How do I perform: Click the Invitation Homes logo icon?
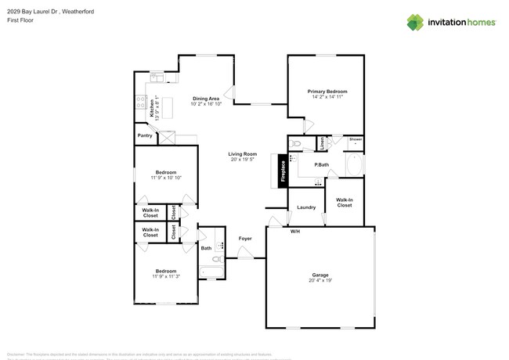(x=415, y=22)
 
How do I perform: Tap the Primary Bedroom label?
(x=327, y=92)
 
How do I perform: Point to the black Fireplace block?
(x=283, y=171)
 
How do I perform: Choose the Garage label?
(x=320, y=275)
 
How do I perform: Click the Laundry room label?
(x=306, y=207)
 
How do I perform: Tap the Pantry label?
(x=145, y=135)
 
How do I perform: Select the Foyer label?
(x=245, y=239)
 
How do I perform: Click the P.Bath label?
(x=322, y=164)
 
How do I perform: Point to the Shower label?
(x=356, y=139)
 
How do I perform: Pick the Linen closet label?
(x=323, y=144)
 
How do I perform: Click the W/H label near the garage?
(x=295, y=232)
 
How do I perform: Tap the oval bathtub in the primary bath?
(x=353, y=166)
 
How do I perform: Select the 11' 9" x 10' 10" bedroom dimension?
(x=165, y=178)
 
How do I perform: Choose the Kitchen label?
(x=152, y=108)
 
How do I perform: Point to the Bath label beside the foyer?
(x=206, y=248)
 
